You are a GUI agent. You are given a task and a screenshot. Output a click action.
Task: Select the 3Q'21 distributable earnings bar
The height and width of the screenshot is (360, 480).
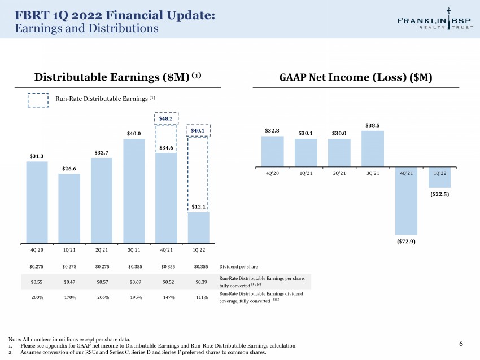tap(134, 191)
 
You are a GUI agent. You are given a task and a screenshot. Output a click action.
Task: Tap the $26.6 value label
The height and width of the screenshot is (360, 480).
tap(69, 169)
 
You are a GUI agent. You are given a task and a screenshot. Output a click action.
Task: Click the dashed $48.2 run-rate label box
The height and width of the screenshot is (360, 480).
tap(166, 118)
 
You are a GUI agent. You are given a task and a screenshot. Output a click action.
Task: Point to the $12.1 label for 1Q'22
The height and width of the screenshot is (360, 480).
tap(198, 207)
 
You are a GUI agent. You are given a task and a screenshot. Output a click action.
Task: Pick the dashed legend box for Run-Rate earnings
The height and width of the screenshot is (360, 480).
tap(38, 100)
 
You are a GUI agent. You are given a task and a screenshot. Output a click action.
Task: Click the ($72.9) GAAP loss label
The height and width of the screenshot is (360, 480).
tap(406, 242)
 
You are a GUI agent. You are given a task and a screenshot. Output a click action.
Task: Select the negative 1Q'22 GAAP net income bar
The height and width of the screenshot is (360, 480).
tap(439, 178)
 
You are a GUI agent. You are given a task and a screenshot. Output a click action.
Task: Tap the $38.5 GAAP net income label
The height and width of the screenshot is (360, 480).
tap(373, 125)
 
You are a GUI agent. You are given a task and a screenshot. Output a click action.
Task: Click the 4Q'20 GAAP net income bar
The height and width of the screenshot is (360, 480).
tap(272, 152)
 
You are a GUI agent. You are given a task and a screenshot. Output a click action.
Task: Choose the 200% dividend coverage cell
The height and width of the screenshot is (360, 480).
tap(37, 297)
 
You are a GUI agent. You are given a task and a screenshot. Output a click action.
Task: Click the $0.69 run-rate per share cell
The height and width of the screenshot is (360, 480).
tap(135, 282)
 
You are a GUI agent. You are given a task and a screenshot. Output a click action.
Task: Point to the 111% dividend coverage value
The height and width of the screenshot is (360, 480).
tap(202, 297)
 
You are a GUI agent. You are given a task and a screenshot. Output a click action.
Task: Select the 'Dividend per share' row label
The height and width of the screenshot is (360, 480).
tap(238, 267)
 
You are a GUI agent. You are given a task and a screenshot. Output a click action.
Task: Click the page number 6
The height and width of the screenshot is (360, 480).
tap(461, 344)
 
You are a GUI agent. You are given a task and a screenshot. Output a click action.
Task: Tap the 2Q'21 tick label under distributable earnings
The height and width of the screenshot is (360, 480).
tap(102, 250)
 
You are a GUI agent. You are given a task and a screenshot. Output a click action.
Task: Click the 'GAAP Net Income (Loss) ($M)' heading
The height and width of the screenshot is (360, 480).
tap(356, 77)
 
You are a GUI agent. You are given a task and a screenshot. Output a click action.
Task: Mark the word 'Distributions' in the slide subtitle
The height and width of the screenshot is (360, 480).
tap(123, 28)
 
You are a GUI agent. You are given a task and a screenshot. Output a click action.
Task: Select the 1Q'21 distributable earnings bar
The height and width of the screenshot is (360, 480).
tap(69, 209)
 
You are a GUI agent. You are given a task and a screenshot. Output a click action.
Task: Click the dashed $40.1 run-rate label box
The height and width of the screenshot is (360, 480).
tap(198, 130)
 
